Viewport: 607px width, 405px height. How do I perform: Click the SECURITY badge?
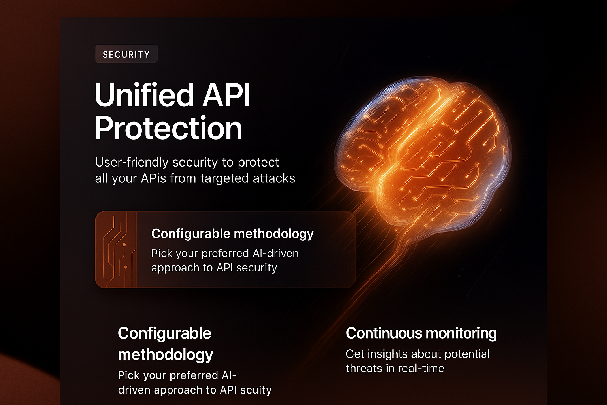(126, 54)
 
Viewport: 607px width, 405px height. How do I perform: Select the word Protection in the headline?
(169, 129)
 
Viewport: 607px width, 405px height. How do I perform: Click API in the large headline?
(226, 96)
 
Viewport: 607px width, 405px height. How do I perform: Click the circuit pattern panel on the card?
(116, 250)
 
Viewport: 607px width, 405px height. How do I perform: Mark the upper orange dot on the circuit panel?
(124, 245)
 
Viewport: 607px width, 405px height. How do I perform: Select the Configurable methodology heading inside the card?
(232, 234)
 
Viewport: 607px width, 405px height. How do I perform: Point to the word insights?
(387, 354)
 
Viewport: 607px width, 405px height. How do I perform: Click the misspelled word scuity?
(256, 390)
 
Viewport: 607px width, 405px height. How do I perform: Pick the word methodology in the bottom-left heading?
(165, 355)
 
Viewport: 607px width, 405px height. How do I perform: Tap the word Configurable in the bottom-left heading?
(164, 333)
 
